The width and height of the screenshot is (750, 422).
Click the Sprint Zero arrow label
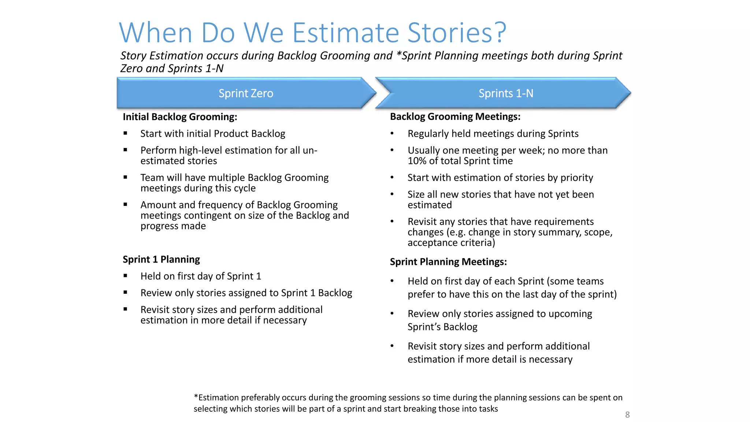tap(246, 93)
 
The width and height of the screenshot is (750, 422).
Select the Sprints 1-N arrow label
tap(506, 93)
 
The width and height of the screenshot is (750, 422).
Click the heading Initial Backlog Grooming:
tap(180, 117)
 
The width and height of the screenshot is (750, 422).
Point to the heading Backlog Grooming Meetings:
tap(455, 116)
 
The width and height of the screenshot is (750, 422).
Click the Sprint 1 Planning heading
tap(161, 259)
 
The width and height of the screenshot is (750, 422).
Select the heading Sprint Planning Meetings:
tap(448, 262)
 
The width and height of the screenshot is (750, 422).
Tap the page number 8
tap(627, 415)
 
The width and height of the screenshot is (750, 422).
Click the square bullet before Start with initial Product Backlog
tap(125, 133)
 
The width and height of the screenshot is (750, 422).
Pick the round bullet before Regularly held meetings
tap(392, 133)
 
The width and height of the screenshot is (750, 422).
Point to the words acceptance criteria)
tap(451, 243)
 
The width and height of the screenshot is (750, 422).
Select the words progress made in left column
tap(173, 226)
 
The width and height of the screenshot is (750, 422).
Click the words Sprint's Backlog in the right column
tap(442, 327)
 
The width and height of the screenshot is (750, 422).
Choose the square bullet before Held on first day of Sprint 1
tap(125, 276)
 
